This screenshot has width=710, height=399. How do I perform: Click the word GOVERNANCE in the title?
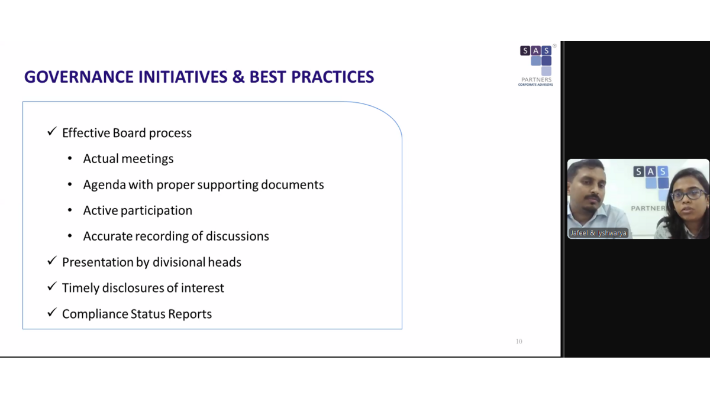79,77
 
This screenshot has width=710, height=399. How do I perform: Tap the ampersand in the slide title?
238,77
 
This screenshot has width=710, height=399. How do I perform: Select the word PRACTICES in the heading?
333,77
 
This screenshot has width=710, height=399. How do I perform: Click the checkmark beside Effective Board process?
51,131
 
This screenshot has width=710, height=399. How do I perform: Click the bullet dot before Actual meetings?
70,158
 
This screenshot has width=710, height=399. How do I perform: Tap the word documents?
292,184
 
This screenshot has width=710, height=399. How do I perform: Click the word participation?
156,211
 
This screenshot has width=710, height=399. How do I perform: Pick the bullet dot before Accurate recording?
70,236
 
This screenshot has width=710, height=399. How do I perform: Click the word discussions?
237,236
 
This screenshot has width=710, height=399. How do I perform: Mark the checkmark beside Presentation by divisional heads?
51,261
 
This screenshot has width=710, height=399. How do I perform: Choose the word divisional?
179,262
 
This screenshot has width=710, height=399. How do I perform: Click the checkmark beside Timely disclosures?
51,286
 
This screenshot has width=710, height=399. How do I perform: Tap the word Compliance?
95,314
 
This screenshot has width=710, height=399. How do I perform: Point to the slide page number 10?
519,342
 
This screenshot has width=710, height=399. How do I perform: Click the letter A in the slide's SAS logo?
535,51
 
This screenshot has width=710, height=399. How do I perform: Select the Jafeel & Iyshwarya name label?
598,233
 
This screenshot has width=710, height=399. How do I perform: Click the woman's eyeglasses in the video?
688,194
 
